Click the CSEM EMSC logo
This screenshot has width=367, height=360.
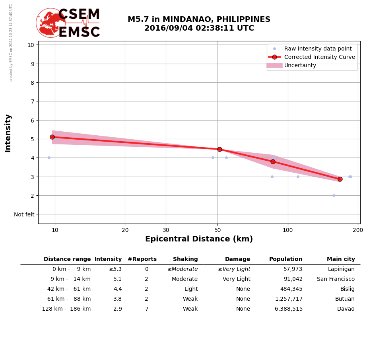[x=68, y=23]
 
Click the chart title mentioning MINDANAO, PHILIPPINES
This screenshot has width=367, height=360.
[x=199, y=24]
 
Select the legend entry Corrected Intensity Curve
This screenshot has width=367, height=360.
[x=319, y=57]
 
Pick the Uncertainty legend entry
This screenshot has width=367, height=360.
[x=300, y=66]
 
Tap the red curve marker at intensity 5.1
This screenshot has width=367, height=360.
[x=52, y=137]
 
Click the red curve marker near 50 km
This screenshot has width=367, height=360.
[x=219, y=149]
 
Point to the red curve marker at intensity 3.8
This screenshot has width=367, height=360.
[x=273, y=162]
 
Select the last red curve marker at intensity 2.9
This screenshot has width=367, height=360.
[x=340, y=179]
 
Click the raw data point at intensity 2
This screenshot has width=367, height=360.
[x=334, y=195]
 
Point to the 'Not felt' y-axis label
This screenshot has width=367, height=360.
[x=24, y=214]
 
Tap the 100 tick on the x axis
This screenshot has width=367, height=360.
[x=288, y=230]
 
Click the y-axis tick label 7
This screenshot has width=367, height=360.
[x=31, y=101]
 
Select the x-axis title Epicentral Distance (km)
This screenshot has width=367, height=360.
[x=199, y=239]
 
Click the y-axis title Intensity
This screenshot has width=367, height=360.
[x=8, y=133]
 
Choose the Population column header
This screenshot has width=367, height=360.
[x=285, y=259]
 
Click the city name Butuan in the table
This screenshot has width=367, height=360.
[x=345, y=299]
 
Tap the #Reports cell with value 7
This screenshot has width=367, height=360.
[x=146, y=309]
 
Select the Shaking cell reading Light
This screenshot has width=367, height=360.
[x=191, y=289]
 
